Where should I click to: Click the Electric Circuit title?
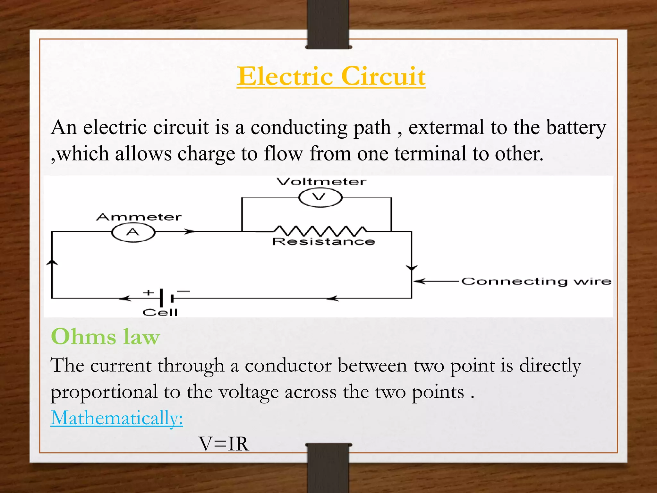pos(331,76)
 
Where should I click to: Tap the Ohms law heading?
pos(105,337)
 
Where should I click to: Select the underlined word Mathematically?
pos(116,418)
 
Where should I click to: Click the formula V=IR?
pos(224,444)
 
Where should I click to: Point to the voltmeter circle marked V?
pos(320,197)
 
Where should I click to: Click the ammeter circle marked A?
pos(133,232)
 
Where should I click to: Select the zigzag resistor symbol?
pos(320,230)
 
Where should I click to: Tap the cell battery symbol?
pos(166,298)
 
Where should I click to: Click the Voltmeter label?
pos(321,182)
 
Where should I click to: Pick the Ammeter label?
pos(139,217)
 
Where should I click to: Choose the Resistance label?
pos(323,241)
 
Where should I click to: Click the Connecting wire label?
pos(536,281)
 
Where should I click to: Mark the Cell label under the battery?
pos(160,312)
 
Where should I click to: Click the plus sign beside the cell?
pos(148,292)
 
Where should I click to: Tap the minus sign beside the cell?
pos(183,291)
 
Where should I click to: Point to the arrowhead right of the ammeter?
pos(190,231)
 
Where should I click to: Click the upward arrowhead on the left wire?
pos(52,262)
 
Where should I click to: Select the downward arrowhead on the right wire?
pos(412,268)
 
